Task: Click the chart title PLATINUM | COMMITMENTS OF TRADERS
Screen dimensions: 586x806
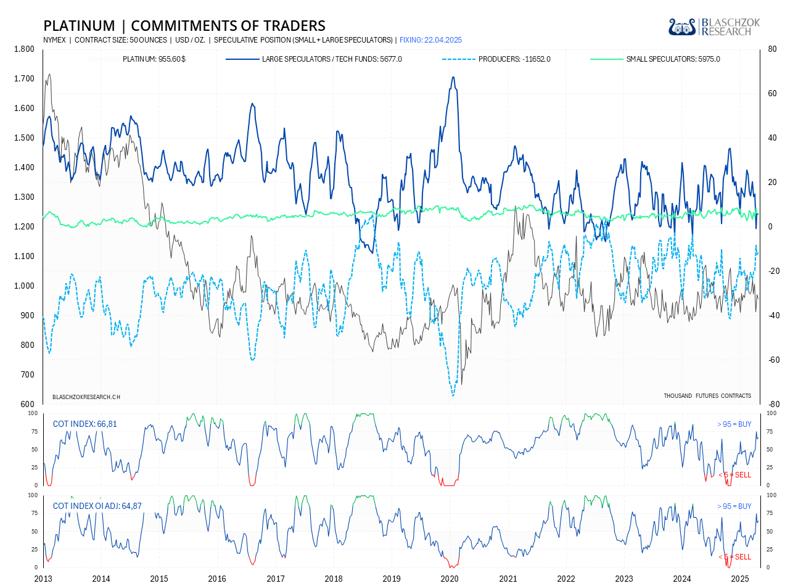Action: tap(184, 26)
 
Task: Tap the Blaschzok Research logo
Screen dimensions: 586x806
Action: tap(714, 27)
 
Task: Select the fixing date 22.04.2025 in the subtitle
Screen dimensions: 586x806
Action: tap(430, 40)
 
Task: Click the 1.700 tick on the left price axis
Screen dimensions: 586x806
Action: tap(24, 79)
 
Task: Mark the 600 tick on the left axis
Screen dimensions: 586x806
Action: tap(28, 405)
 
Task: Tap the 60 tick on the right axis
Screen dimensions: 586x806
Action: tap(772, 94)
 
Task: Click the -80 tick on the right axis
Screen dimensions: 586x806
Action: tap(773, 405)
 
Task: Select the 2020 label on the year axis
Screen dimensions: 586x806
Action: tap(450, 579)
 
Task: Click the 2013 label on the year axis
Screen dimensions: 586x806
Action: tap(43, 579)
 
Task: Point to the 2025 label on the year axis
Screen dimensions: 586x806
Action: tap(739, 579)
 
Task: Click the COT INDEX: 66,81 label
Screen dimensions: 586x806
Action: tap(84, 424)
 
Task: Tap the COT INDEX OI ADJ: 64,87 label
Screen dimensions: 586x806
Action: tap(97, 506)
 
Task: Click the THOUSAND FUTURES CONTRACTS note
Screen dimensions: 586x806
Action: tap(707, 396)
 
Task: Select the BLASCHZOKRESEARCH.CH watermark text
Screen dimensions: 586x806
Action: tap(86, 397)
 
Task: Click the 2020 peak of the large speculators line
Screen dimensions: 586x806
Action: tap(453, 77)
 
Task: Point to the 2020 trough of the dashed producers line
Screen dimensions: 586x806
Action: tap(453, 395)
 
